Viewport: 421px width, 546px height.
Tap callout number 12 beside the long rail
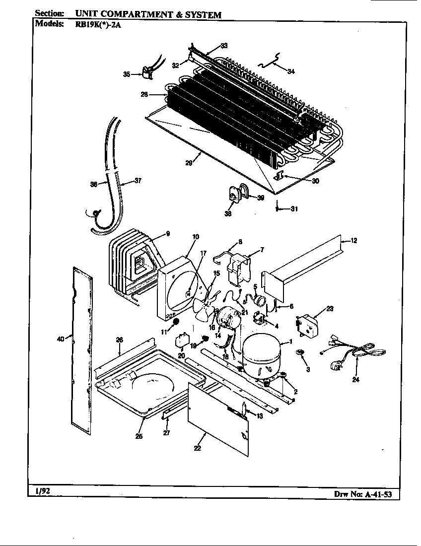coord(353,241)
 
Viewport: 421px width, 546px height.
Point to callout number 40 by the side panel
coord(60,340)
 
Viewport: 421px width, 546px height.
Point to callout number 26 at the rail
coord(119,340)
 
